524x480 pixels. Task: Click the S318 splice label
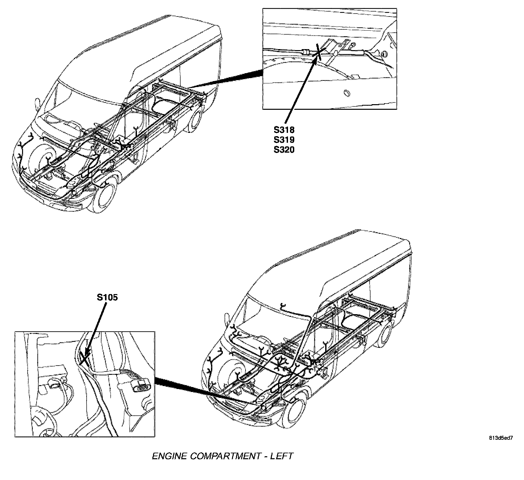pos(284,129)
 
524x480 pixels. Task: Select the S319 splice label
pos(284,139)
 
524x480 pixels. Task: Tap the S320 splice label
pos(284,150)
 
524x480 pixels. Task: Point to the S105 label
pos(107,297)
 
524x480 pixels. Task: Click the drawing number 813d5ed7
pos(501,438)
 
